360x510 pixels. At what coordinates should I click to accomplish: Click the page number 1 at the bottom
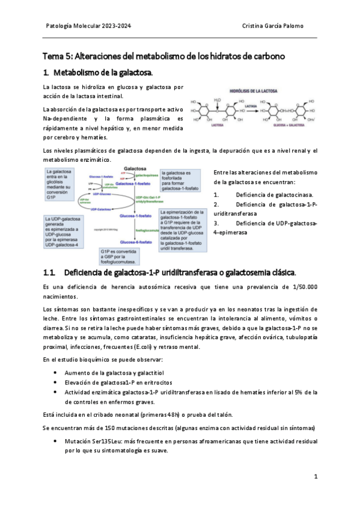click(x=316, y=476)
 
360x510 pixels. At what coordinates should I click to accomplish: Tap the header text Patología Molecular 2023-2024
click(x=88, y=26)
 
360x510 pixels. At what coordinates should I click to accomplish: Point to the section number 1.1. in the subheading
click(x=50, y=272)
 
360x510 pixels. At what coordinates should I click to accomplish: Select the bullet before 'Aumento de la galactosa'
click(x=56, y=373)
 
